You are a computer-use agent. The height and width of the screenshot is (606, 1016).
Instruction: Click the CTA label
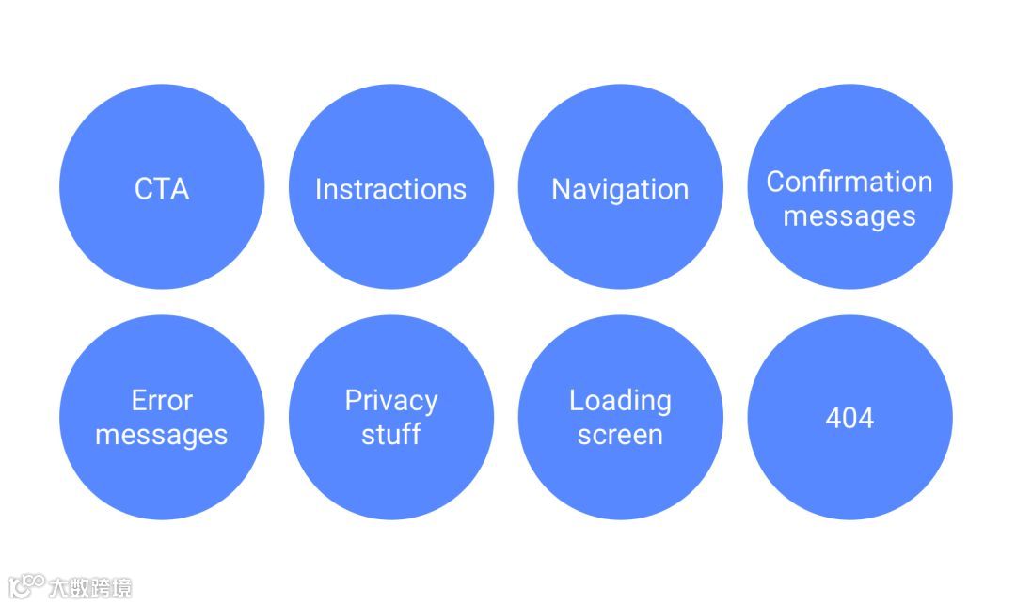coord(162,189)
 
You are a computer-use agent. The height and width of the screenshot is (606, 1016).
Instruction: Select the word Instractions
coord(390,189)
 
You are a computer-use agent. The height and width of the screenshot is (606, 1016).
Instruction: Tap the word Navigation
coord(620,189)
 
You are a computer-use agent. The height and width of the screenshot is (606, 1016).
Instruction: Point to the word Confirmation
coord(849,182)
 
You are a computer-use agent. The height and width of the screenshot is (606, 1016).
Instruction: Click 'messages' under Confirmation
coord(849,216)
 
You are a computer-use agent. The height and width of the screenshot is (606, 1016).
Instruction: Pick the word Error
coord(162,401)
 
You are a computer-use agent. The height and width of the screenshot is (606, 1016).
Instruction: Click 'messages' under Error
coord(162,435)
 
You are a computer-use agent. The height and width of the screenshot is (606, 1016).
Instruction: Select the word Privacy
coord(390,401)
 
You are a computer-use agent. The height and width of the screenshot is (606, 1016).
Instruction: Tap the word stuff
coord(390,435)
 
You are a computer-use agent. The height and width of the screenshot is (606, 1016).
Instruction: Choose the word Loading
coord(620,401)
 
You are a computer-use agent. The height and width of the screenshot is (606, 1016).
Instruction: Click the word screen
coord(620,435)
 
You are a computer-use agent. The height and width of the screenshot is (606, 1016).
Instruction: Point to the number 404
coord(849,418)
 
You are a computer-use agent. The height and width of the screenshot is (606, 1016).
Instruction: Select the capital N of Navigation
coord(561,189)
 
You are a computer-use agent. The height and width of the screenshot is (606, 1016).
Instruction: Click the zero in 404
coord(849,418)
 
